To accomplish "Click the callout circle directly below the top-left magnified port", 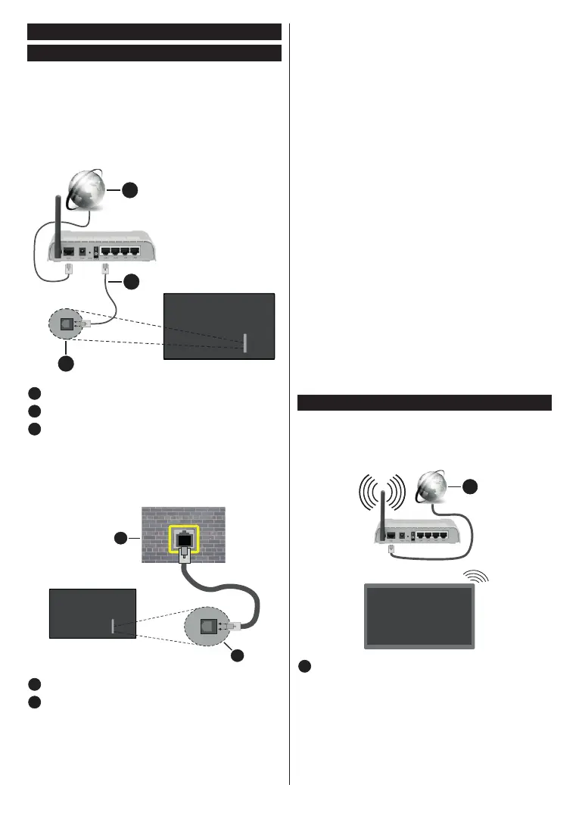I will point(67,363).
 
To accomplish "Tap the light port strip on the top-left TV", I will point(245,342).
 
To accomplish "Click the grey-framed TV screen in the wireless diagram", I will point(420,616).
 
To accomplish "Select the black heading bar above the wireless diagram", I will point(425,402).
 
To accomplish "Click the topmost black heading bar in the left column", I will point(154,32).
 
